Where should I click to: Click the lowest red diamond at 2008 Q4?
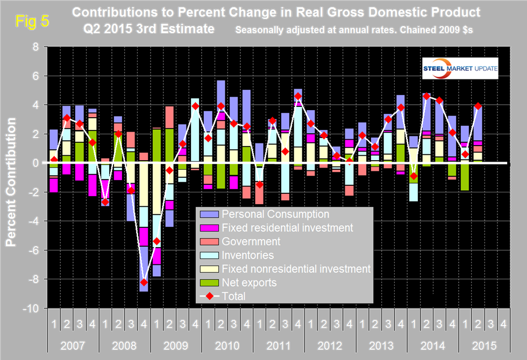[144, 282]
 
